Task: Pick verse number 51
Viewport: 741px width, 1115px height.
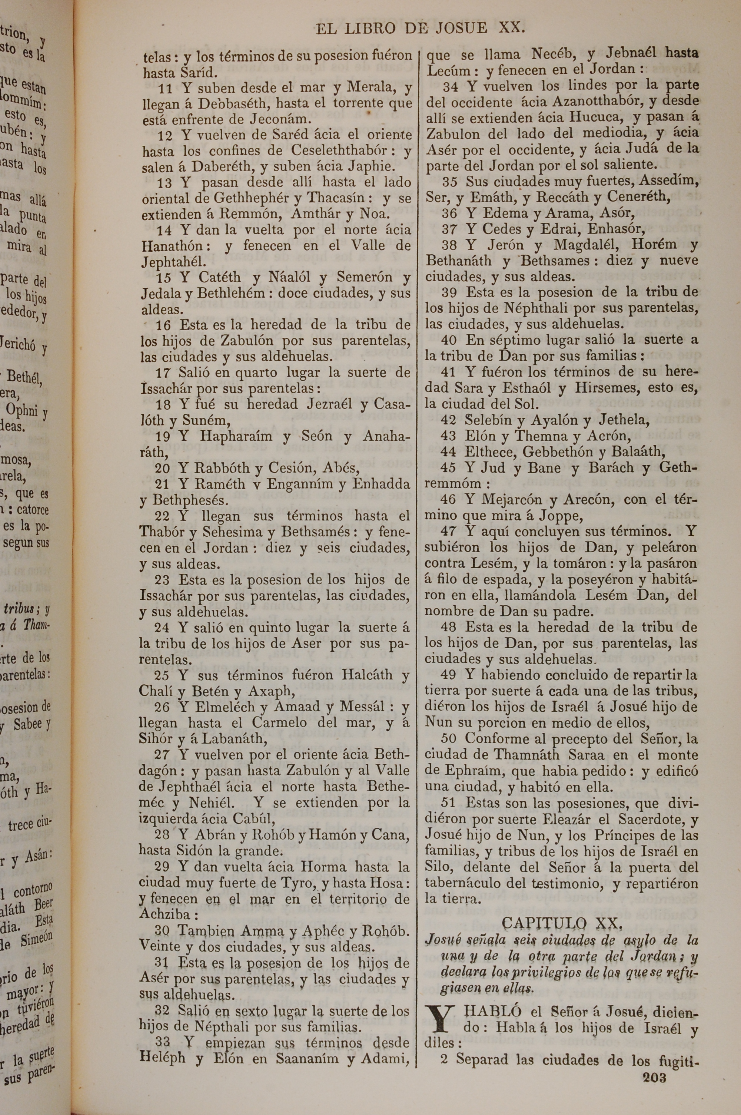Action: click(448, 802)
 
